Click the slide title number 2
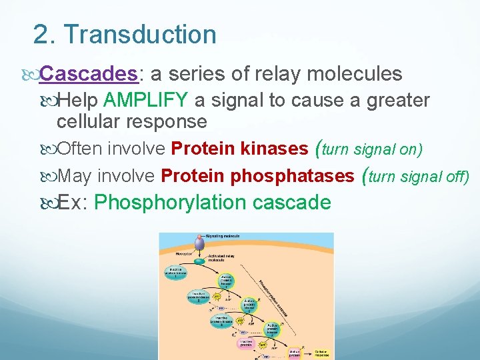41,35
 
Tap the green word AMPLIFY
146,101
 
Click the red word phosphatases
291,176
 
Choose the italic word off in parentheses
455,177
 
